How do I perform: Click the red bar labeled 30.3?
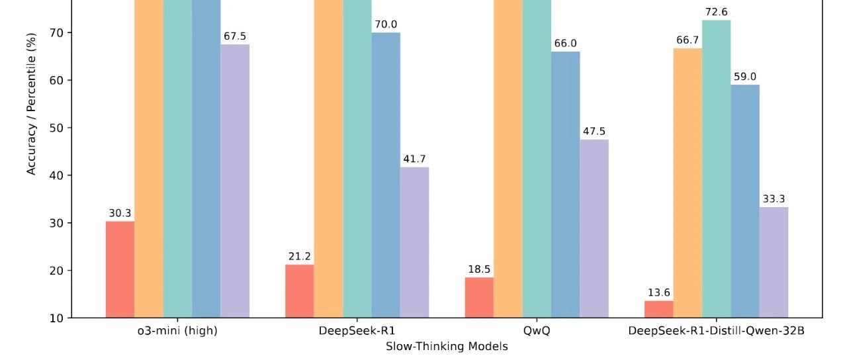120,269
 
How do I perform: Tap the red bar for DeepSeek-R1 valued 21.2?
300,291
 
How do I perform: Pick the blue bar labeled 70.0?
386,175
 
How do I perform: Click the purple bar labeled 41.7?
414,242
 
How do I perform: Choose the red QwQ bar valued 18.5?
479,297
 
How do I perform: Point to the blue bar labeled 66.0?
565,185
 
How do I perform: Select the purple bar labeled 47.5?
594,228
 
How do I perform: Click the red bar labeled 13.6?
658,309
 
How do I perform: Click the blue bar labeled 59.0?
745,201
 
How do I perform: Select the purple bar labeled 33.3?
774,262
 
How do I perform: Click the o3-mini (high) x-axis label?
173,331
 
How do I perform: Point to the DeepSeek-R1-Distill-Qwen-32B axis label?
716,331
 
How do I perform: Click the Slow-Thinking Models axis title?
447,346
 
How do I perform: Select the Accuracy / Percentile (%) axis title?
31,104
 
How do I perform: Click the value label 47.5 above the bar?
594,131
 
